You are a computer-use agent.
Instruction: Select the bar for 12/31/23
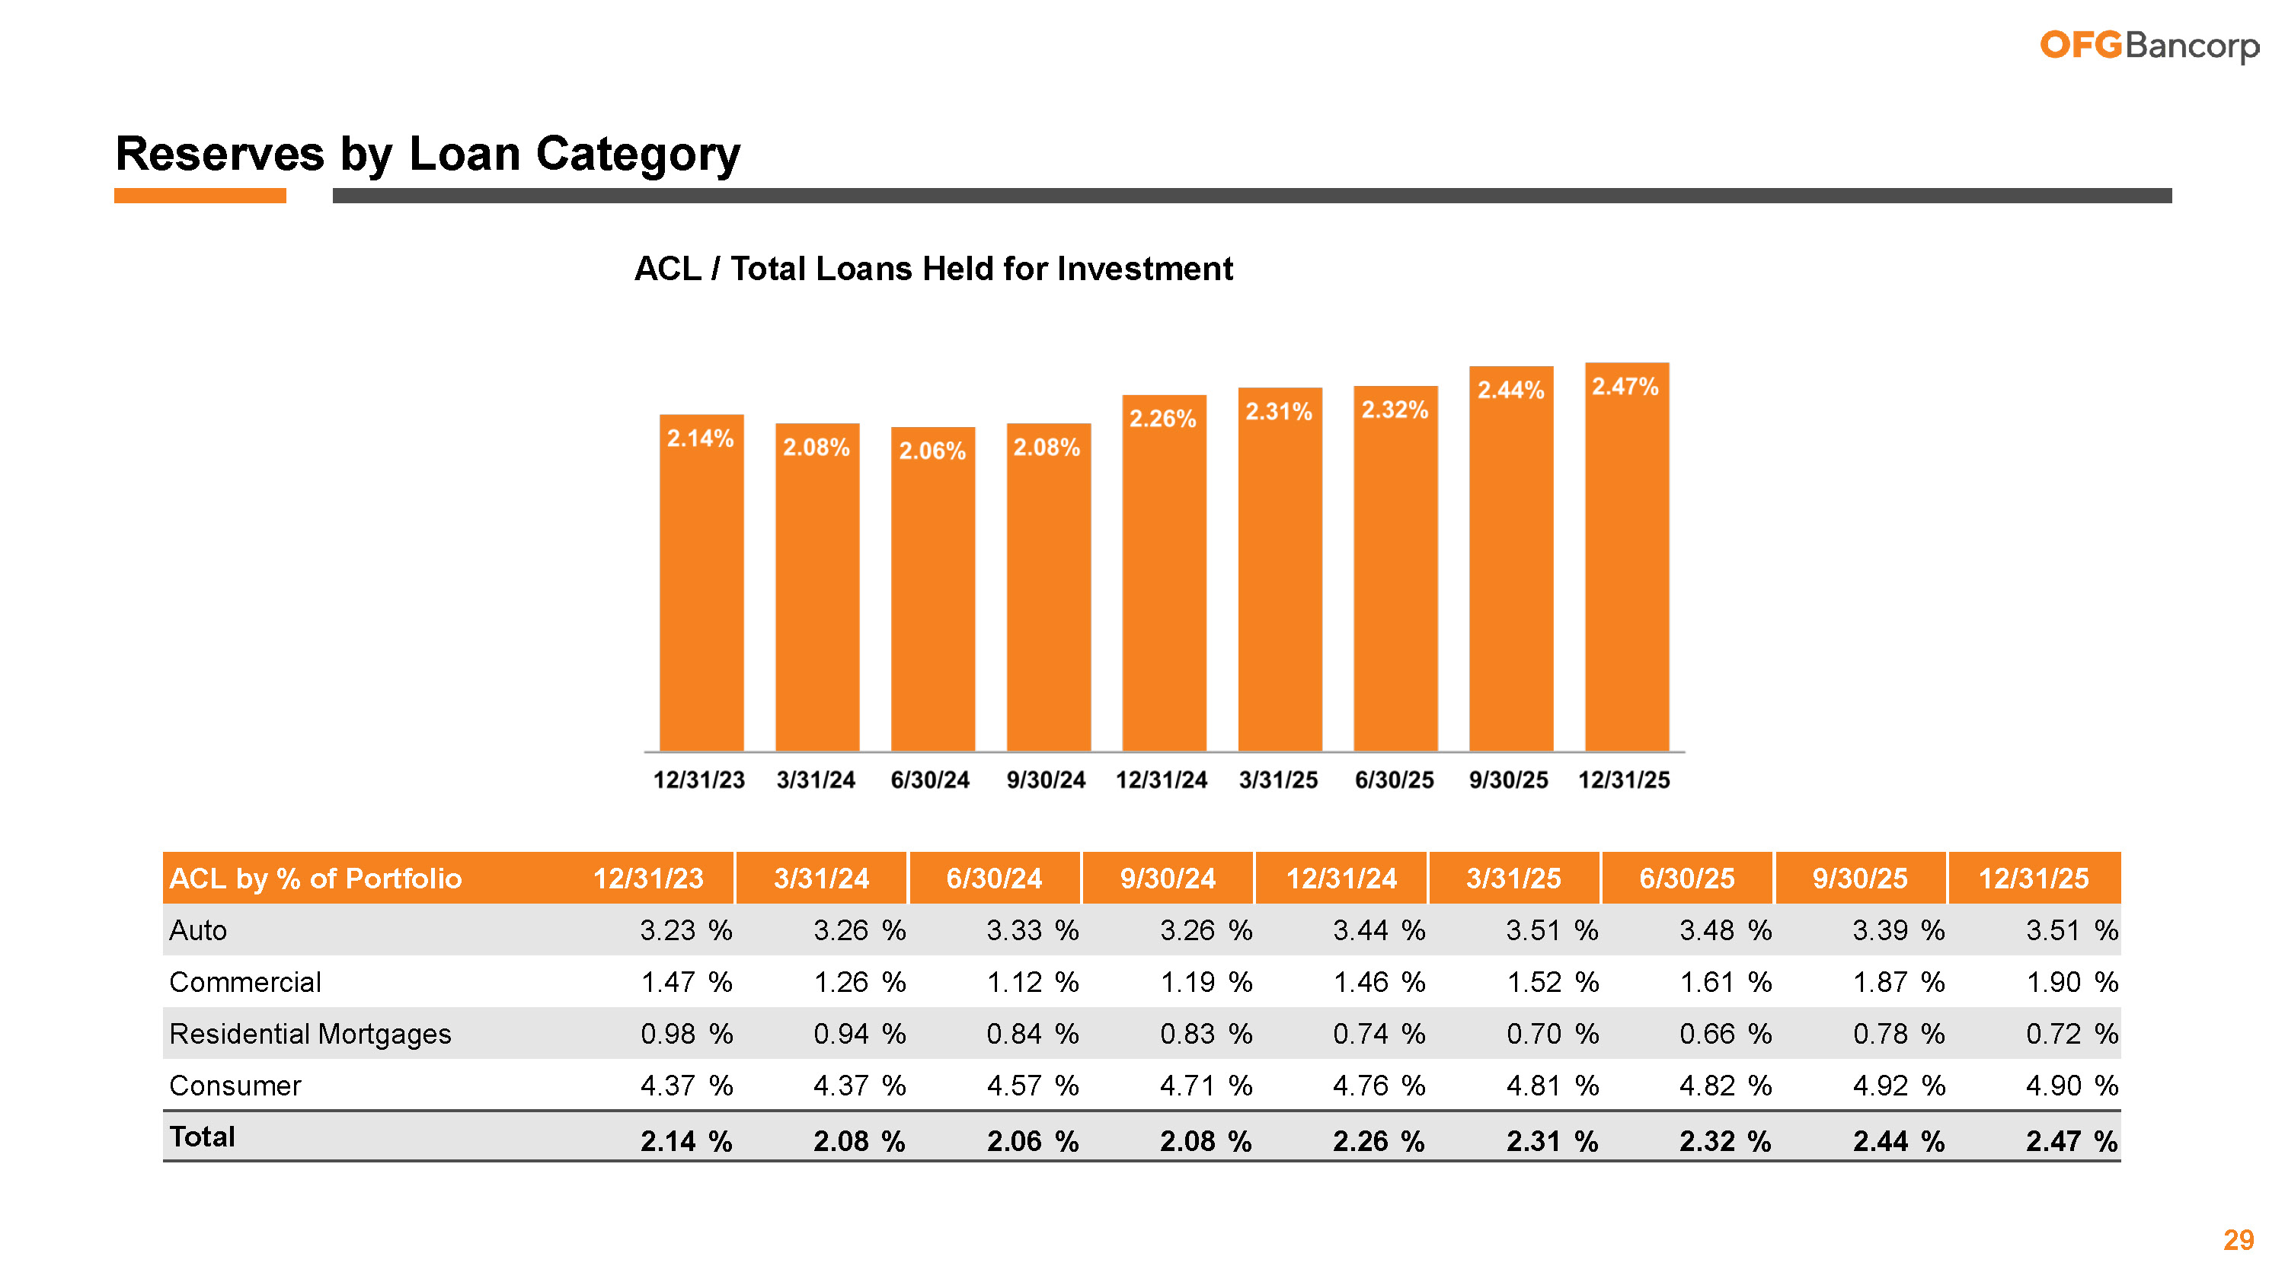[701, 585]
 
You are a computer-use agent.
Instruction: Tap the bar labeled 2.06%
[932, 590]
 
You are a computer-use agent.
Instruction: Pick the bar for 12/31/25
[1626, 559]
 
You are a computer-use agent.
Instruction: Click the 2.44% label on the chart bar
[1510, 391]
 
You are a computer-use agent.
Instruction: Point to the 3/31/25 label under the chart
[1278, 780]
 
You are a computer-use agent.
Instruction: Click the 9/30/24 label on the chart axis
[1046, 780]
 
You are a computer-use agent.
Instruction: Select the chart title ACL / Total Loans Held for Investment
[933, 269]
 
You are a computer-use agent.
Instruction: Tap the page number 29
[2238, 1240]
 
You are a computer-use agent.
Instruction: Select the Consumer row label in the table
[235, 1086]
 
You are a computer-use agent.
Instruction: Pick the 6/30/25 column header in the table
[1686, 878]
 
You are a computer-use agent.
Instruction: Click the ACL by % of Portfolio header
[316, 878]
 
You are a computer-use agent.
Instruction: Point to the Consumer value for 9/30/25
[1897, 1086]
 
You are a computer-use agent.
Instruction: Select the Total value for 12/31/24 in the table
[1378, 1140]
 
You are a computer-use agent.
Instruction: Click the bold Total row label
[203, 1137]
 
